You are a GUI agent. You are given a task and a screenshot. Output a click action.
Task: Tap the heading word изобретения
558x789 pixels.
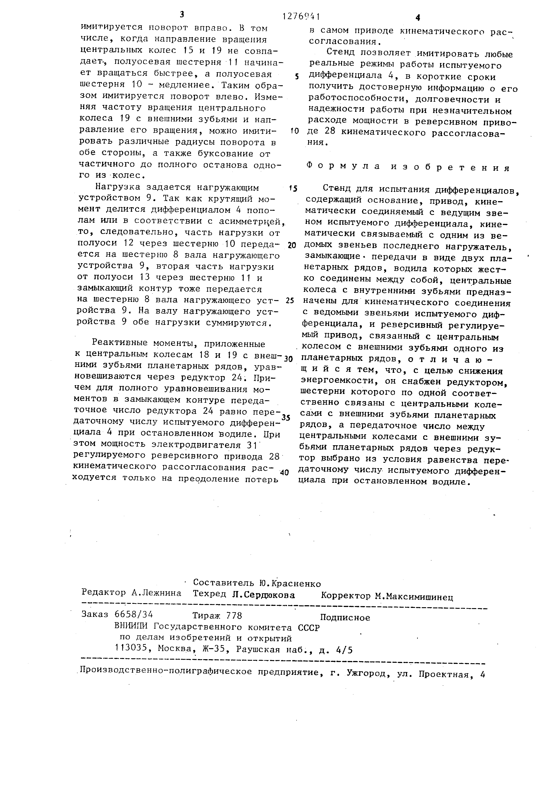(451, 167)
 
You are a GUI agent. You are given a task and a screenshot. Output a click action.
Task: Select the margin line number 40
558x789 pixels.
(284, 472)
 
